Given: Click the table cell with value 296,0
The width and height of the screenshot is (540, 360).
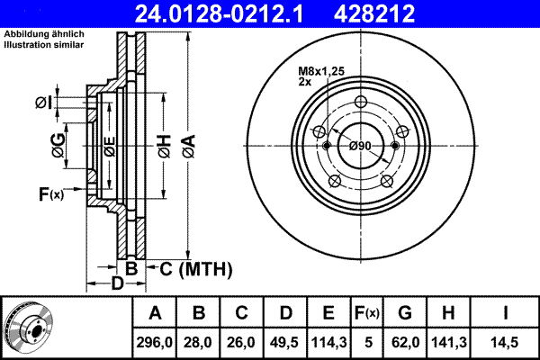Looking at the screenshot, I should point(155,342).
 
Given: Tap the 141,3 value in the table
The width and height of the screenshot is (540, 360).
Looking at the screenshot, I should point(449,342).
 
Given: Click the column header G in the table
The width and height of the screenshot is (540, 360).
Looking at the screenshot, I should point(405,313).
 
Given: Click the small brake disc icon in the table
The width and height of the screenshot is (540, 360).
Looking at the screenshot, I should point(33,328).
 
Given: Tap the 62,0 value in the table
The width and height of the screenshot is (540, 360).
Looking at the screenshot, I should point(405,342).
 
